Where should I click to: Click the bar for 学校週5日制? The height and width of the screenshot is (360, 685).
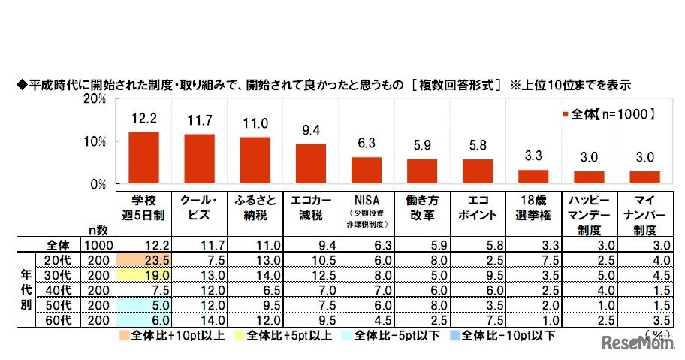coord(143,158)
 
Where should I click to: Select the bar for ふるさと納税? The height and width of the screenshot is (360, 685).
coord(255,160)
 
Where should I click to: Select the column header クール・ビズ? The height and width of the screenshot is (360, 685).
coord(198,207)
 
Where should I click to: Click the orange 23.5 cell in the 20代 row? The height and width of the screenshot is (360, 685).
coord(143,259)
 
